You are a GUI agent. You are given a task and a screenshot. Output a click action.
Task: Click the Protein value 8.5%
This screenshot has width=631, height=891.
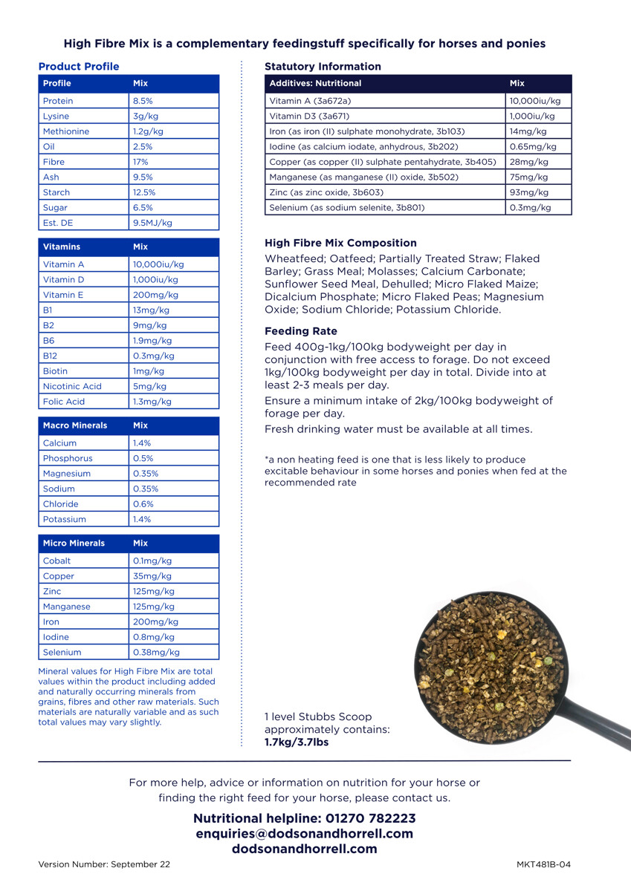pyautogui.click(x=144, y=101)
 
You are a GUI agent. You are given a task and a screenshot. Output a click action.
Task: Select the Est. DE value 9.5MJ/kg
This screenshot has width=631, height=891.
pyautogui.click(x=152, y=223)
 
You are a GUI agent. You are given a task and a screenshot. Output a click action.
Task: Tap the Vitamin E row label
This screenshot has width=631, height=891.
pyautogui.click(x=64, y=295)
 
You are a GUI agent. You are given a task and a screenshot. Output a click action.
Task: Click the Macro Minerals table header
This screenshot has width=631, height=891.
pyautogui.click(x=75, y=425)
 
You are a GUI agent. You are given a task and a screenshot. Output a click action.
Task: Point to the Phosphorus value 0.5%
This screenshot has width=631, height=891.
pyautogui.click(x=143, y=459)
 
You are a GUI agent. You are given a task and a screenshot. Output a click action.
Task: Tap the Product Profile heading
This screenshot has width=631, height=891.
pyautogui.click(x=79, y=67)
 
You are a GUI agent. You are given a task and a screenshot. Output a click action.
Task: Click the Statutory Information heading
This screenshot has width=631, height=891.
pyautogui.click(x=323, y=67)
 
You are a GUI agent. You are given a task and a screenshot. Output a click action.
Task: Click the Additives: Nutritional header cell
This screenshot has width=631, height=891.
pyautogui.click(x=315, y=83)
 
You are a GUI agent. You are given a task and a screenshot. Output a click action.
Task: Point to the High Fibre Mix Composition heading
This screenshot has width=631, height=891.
pyautogui.click(x=340, y=243)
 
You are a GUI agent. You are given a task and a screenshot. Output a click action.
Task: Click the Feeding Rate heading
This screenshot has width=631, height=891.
pyautogui.click(x=301, y=331)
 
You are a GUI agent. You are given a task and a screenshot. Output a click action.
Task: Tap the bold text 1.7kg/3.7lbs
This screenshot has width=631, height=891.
pyautogui.click(x=297, y=742)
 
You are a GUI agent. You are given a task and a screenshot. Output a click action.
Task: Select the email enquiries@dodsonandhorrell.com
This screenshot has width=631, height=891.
pyautogui.click(x=304, y=834)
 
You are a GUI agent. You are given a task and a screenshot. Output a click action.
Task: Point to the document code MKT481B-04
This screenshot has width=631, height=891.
pyautogui.click(x=543, y=864)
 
